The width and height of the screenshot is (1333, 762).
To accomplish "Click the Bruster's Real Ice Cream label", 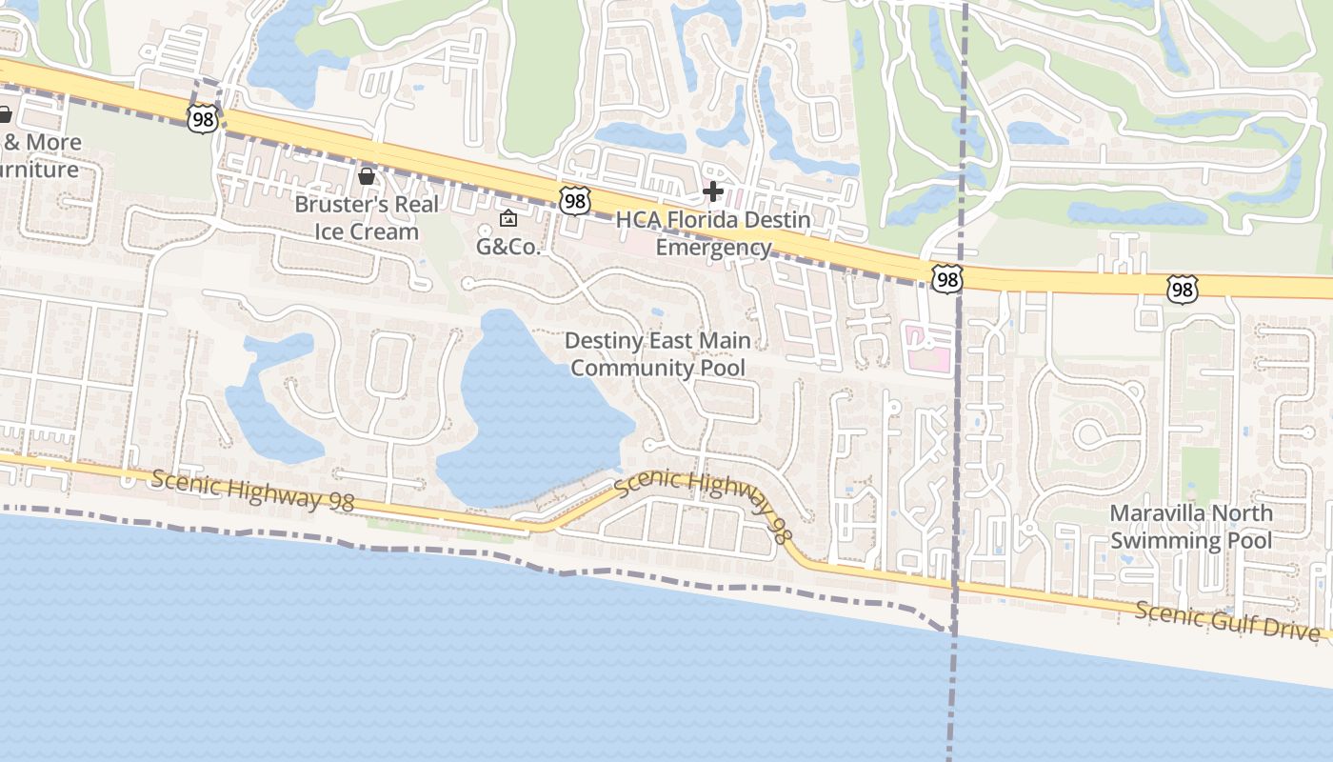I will point(367,217).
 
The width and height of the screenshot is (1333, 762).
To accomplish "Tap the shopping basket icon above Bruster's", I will point(367,176).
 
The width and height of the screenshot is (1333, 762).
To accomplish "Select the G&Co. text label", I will point(508,247).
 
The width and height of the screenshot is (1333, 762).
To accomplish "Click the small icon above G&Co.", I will point(508,218).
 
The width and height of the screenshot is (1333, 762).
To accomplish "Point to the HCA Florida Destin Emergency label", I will point(713,233).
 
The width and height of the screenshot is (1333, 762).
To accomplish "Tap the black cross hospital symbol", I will point(712,192).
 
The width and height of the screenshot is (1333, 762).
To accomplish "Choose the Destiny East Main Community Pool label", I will point(658,353).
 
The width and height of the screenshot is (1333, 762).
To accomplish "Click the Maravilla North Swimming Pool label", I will point(1191,527).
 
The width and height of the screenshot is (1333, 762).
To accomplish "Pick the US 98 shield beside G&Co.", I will point(575,200).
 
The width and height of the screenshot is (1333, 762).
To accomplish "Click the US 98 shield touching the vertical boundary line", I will point(946,279).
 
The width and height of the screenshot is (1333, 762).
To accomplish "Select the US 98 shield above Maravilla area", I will point(1182,290).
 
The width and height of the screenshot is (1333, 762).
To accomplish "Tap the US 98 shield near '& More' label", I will point(203,119).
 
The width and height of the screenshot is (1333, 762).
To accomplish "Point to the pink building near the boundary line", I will point(926,348).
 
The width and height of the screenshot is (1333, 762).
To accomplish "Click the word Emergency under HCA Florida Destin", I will point(713,248).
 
